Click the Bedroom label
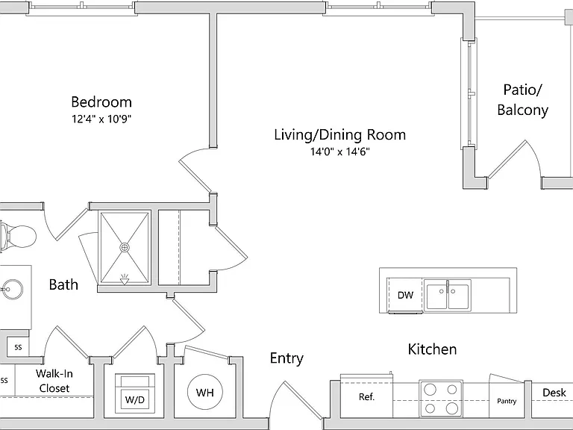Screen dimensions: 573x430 click(101, 102)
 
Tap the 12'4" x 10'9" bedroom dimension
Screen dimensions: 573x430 click(101, 119)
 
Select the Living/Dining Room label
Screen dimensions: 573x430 click(340, 134)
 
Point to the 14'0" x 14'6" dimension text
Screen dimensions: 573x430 click(340, 152)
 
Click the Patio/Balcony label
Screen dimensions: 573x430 click(522, 99)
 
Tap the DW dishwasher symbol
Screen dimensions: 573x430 click(405, 295)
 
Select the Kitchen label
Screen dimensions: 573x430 click(432, 349)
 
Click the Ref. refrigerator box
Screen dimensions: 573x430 click(366, 396)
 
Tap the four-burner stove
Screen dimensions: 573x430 click(441, 399)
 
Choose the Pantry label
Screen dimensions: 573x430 click(507, 401)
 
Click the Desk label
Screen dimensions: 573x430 click(554, 393)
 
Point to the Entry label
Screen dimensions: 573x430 click(286, 358)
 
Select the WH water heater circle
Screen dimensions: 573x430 click(204, 392)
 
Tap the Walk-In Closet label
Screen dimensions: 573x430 click(54, 381)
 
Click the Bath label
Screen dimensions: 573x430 click(63, 284)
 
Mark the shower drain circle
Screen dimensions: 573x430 click(125, 248)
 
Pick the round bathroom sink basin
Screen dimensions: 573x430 click(12, 290)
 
